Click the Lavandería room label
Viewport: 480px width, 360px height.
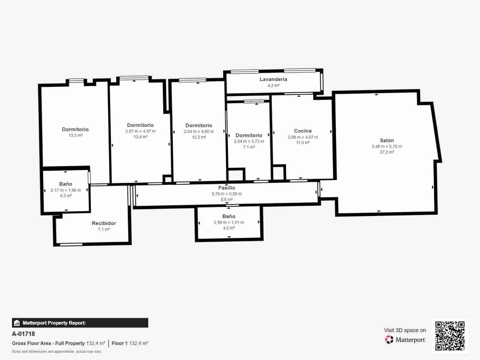pos(273,79)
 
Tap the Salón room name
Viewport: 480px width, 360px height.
pos(387,140)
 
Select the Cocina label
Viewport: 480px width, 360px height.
pos(303,131)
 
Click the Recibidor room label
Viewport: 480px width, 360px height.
pos(103,223)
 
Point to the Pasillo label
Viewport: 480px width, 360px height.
pos(226,188)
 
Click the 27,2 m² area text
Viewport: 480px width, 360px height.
pos(387,152)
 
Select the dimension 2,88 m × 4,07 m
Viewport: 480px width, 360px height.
pos(303,137)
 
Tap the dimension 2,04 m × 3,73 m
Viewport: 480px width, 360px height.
pos(249,141)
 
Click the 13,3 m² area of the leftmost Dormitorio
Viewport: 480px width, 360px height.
pos(75,135)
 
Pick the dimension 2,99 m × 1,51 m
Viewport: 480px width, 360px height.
pos(229,222)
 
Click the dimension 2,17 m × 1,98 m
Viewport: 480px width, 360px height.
pos(66,190)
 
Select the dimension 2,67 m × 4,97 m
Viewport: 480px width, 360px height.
pos(140,131)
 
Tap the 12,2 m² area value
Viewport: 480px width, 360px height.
pos(199,137)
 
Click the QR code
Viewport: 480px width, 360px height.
pos(450,336)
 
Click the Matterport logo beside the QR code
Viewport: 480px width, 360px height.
pos(405,340)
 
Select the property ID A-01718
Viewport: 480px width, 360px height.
pos(23,334)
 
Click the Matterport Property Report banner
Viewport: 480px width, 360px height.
pos(80,323)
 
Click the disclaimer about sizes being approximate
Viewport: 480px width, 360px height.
pos(56,351)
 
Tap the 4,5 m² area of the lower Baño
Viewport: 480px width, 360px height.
pos(229,228)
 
